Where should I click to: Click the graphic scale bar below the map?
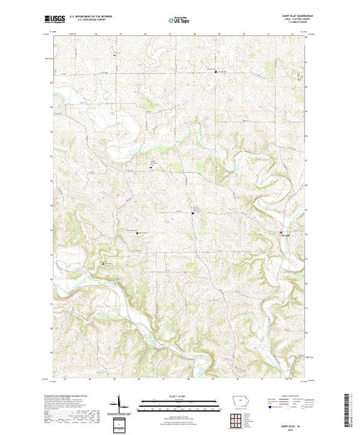point(180,400)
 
